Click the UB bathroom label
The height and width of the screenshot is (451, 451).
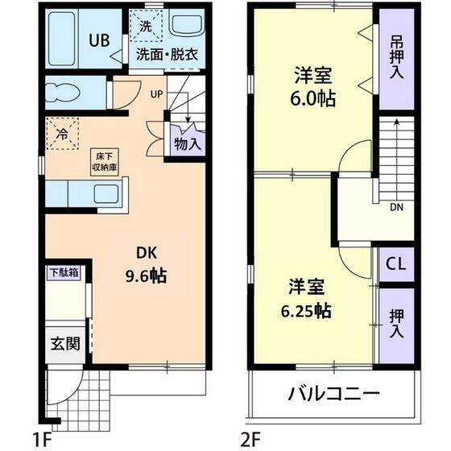(99, 39)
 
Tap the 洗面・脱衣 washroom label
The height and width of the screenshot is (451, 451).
(166, 56)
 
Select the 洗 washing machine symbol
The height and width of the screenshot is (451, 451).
(146, 26)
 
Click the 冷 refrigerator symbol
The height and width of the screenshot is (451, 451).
(62, 134)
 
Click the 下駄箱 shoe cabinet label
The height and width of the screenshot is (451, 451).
(62, 272)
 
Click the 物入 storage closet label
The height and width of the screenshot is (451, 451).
(188, 145)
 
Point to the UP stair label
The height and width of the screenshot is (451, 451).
(155, 93)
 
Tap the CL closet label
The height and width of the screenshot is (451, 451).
(396, 264)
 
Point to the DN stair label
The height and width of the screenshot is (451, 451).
(396, 207)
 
